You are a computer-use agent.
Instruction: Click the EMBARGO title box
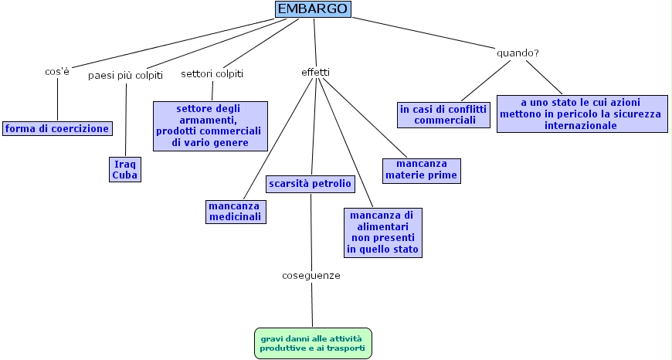click(313, 9)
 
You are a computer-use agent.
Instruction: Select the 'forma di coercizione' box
click(57, 128)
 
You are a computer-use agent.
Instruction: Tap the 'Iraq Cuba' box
click(125, 169)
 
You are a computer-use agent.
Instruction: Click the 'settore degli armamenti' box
click(210, 125)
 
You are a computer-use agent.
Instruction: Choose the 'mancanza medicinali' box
click(236, 212)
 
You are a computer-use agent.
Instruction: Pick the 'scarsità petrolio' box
click(311, 184)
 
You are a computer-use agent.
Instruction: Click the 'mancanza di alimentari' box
click(382, 232)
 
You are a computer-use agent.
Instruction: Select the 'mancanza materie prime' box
click(421, 170)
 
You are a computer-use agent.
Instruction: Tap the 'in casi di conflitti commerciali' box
click(444, 115)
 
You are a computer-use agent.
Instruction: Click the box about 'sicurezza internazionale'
click(582, 114)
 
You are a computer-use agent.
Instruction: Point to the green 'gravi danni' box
click(313, 343)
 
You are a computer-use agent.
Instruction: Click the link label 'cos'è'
click(57, 72)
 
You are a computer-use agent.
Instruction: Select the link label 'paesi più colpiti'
click(125, 75)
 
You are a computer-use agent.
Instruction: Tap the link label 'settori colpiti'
click(212, 74)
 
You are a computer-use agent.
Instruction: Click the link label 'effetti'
click(315, 73)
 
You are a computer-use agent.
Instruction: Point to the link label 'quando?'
click(517, 53)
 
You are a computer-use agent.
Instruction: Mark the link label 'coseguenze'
click(311, 275)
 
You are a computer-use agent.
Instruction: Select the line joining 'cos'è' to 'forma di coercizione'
click(57, 100)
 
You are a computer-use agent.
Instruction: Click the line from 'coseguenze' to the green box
click(312, 305)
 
